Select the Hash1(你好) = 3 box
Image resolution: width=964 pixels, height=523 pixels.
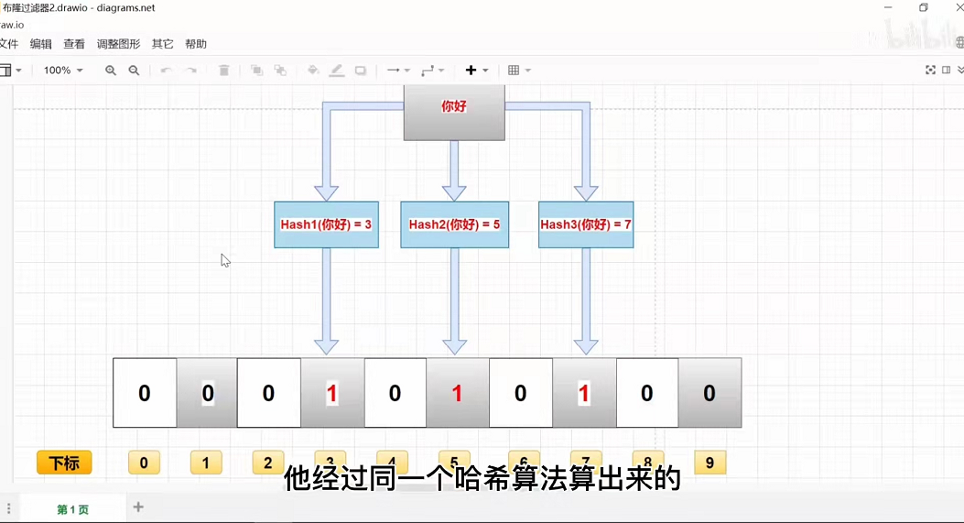click(x=326, y=224)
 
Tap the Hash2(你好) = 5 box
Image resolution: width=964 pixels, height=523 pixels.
click(x=454, y=224)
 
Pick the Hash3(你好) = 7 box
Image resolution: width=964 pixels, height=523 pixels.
click(x=586, y=224)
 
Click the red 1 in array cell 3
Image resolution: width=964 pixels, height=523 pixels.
click(x=332, y=394)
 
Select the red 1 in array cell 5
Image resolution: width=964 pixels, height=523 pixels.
click(x=458, y=394)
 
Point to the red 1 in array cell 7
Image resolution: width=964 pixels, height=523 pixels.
click(x=584, y=394)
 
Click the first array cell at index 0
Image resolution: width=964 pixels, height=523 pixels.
click(x=145, y=394)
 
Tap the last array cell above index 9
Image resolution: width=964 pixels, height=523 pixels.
click(x=709, y=394)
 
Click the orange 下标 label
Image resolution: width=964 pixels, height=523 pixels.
click(x=64, y=463)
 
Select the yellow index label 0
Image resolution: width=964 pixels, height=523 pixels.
click(x=144, y=463)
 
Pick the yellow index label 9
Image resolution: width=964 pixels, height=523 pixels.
click(x=709, y=462)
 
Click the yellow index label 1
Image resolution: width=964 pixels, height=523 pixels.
click(x=206, y=463)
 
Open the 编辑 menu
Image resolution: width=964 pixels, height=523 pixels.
click(x=41, y=44)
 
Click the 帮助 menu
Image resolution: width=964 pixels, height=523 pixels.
click(x=196, y=44)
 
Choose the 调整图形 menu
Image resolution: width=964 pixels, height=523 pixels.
click(x=119, y=44)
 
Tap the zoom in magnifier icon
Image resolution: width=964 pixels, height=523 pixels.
click(x=111, y=71)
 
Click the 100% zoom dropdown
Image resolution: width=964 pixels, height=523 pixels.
click(x=63, y=71)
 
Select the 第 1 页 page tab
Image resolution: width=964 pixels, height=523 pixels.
click(x=73, y=509)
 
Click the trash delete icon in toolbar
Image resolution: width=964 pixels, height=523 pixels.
click(x=224, y=71)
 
